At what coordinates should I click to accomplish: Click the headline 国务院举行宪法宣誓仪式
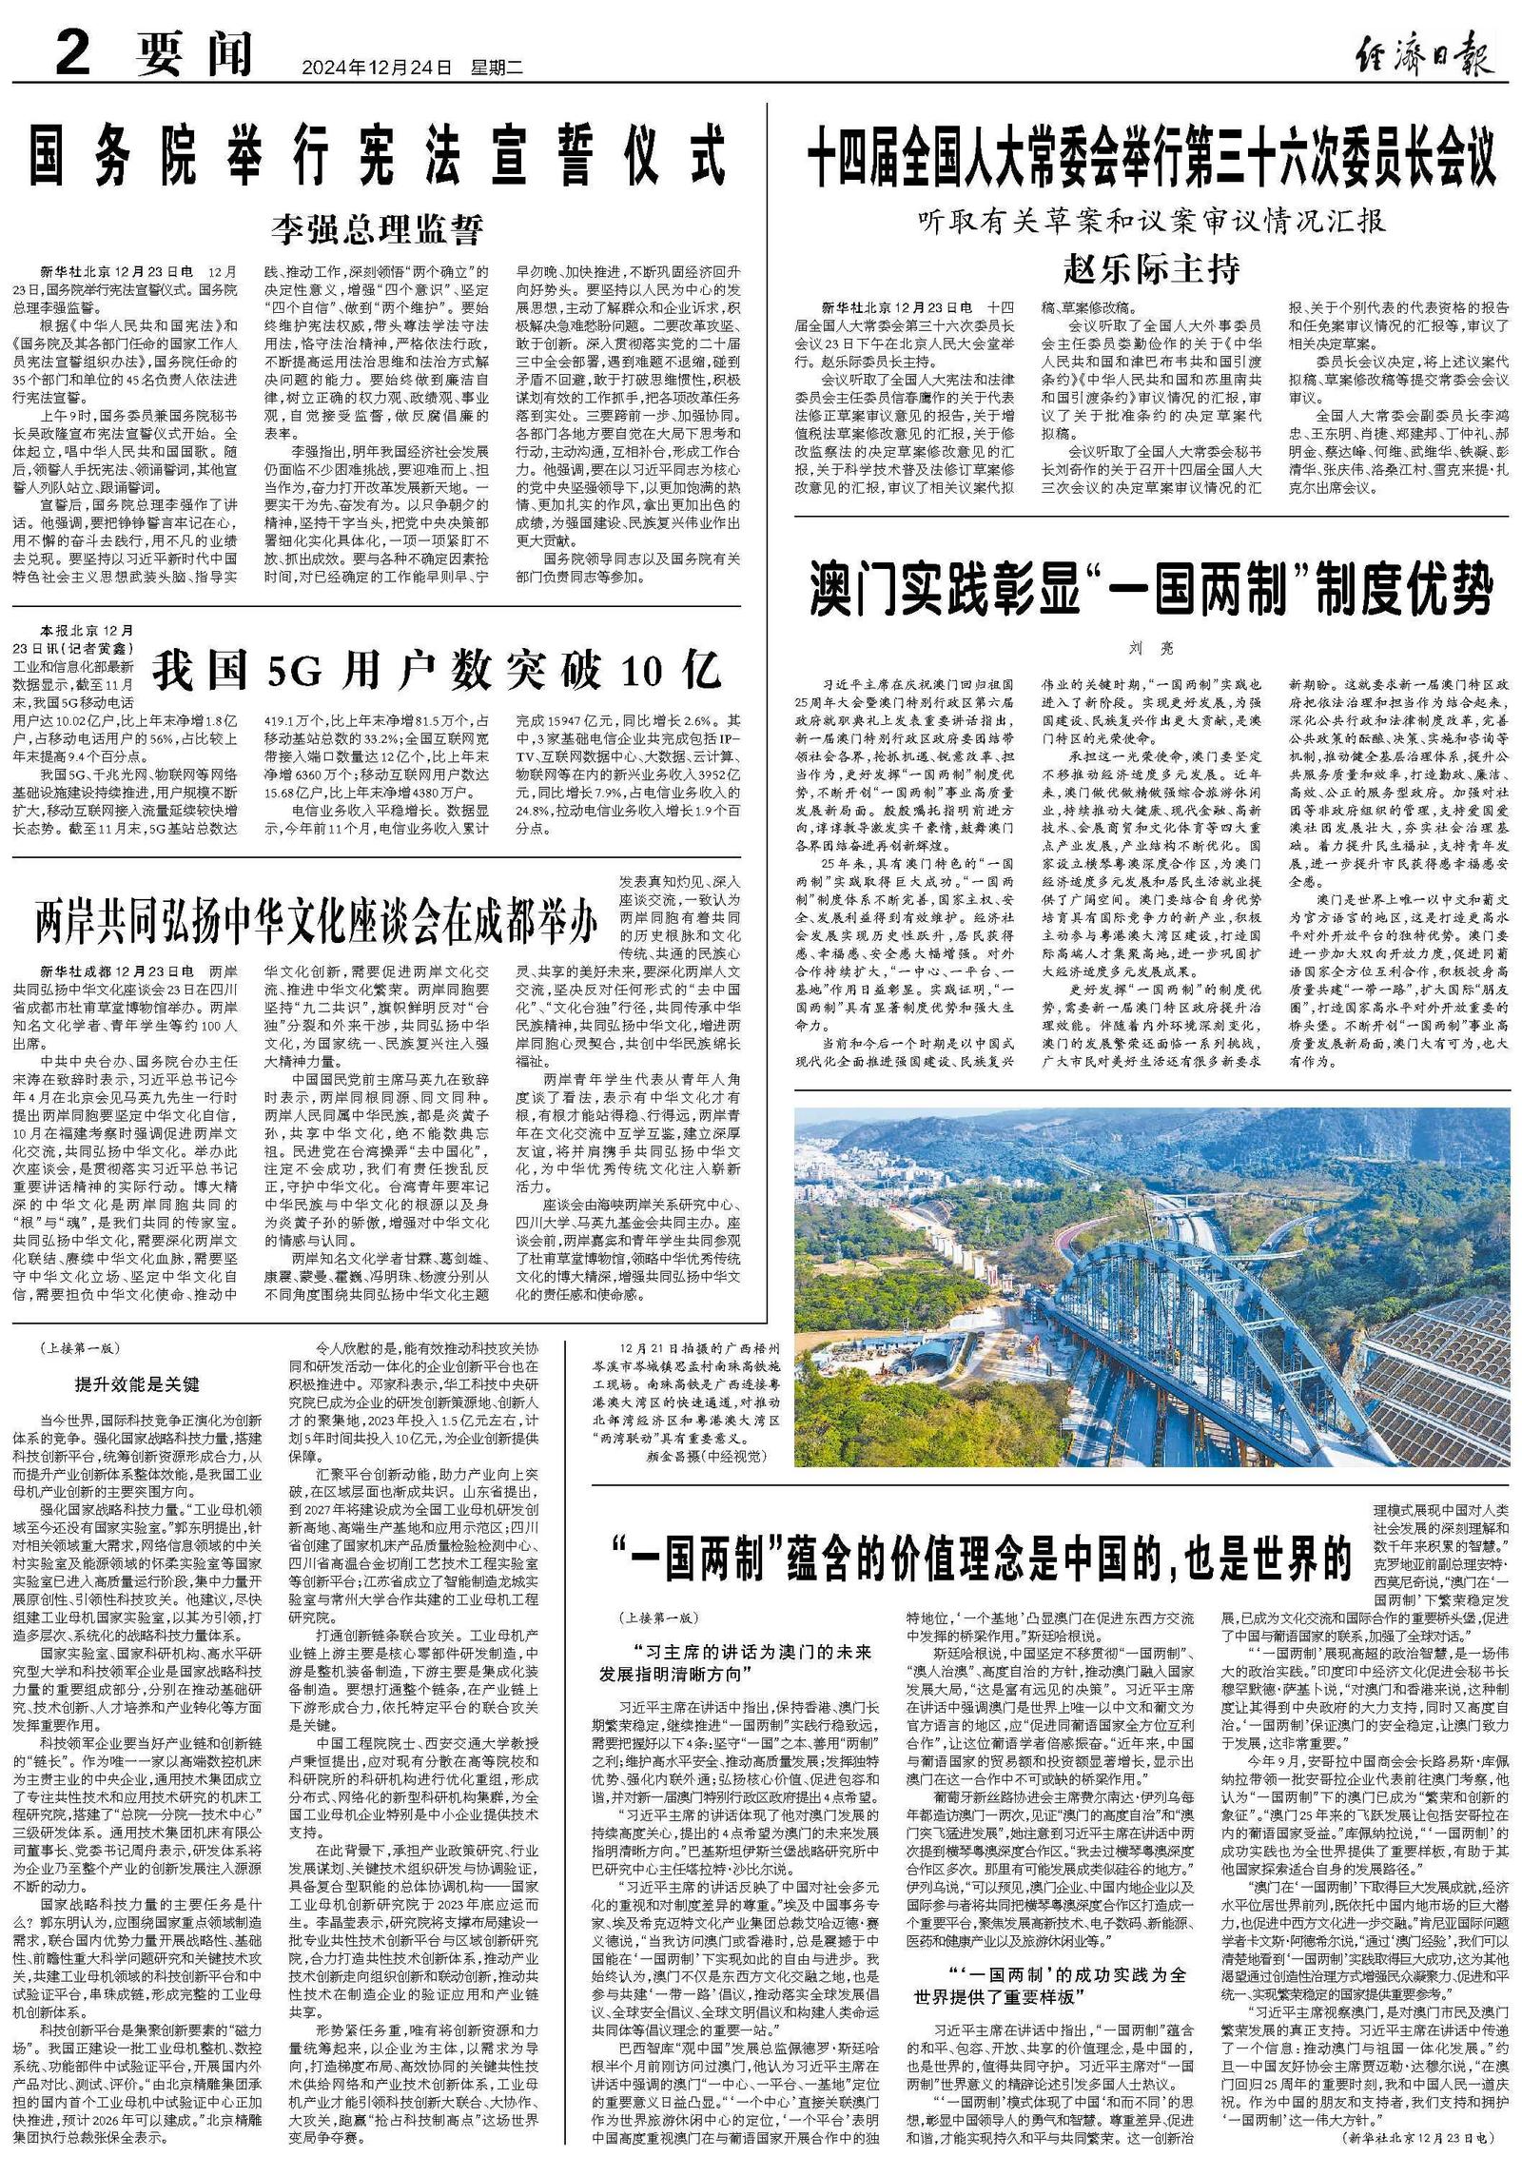pos(377,158)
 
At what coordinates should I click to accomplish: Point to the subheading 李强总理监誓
pos(378,229)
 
